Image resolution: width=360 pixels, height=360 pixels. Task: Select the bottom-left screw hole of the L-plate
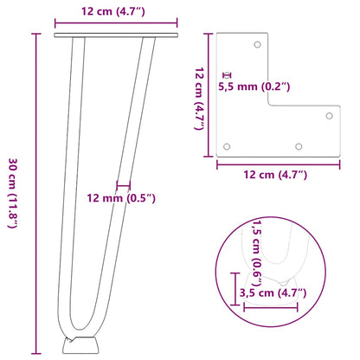[228, 146]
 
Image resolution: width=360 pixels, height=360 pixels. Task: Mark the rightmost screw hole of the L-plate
[328, 114]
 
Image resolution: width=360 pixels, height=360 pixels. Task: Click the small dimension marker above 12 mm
[123, 184]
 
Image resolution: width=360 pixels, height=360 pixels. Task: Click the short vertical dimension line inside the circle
[237, 286]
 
